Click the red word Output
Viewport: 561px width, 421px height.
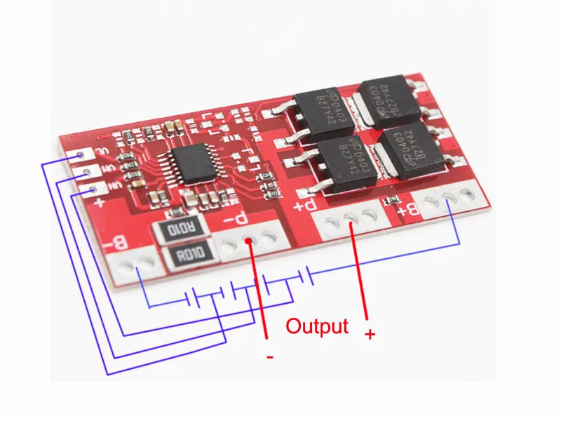pos(317,326)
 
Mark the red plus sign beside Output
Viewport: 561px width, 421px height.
pos(370,334)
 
